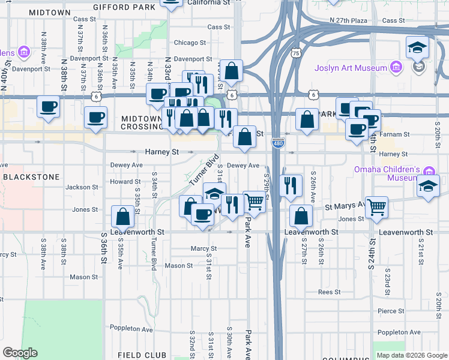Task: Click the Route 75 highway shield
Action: click(295, 53)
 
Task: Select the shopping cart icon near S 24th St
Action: click(376, 208)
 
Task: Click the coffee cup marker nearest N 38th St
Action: click(48, 108)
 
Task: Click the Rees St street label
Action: click(330, 292)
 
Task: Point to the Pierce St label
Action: click(391, 311)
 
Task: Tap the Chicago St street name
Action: click(190, 43)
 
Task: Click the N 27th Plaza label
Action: click(348, 20)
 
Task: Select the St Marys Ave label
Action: click(344, 206)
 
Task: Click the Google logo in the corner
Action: click(20, 353)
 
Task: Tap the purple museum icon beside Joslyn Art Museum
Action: click(396, 67)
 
